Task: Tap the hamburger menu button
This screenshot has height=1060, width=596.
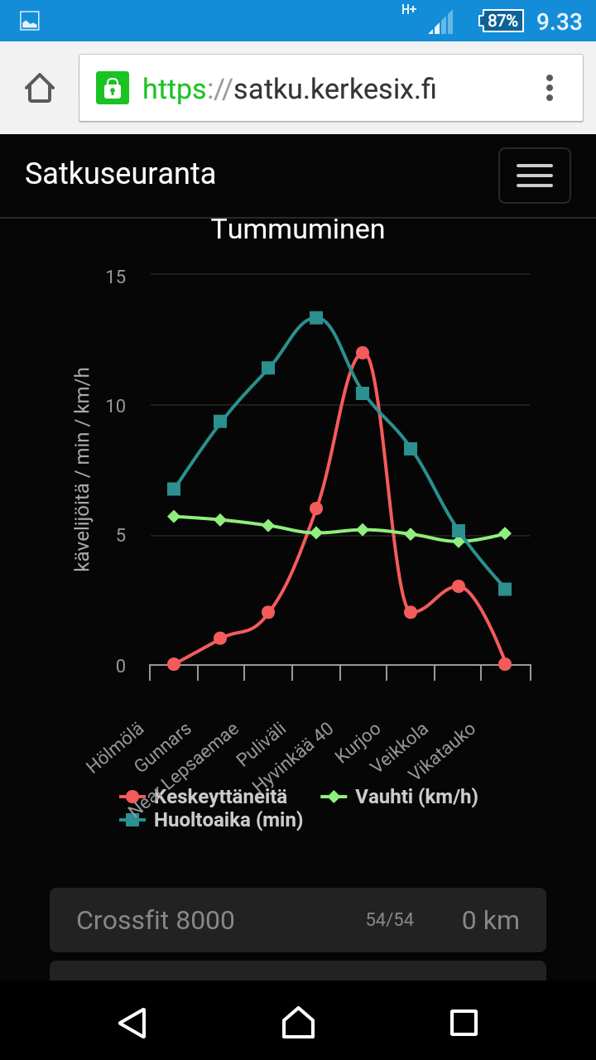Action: (x=534, y=175)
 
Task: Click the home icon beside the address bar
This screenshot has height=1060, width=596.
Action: (x=40, y=88)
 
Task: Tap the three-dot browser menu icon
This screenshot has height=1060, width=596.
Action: (x=550, y=88)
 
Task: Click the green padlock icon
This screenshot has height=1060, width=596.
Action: (x=113, y=88)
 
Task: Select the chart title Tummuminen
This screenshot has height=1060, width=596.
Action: (x=298, y=229)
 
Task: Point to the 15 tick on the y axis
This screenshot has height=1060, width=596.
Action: (x=116, y=276)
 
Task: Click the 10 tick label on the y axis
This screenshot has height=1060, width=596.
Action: (x=116, y=406)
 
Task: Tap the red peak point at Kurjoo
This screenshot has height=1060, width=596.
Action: (x=363, y=353)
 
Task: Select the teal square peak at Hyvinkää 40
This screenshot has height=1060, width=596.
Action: (x=315, y=318)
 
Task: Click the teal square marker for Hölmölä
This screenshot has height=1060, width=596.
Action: (x=174, y=489)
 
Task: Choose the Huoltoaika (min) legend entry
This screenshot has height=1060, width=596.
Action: (x=228, y=821)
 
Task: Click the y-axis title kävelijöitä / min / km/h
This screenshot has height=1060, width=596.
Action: (x=83, y=470)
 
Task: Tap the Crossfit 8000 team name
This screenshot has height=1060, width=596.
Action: (x=156, y=920)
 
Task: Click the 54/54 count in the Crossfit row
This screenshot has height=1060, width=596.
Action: (x=390, y=920)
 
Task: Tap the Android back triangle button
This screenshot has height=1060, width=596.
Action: (x=132, y=1022)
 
